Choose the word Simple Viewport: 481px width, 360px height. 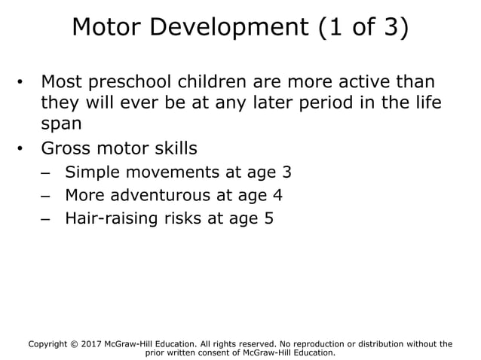click(x=94, y=172)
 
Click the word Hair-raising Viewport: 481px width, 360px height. click(x=115, y=219)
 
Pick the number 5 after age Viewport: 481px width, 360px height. click(x=268, y=219)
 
